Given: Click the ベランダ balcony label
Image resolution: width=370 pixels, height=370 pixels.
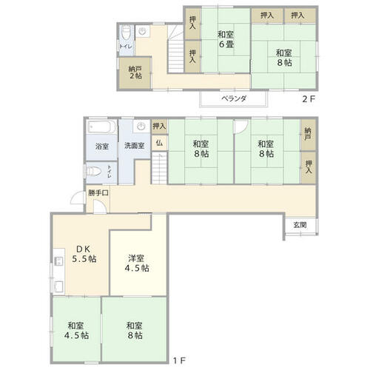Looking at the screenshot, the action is (x=234, y=99).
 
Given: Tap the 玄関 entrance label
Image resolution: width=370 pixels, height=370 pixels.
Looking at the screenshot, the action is (x=300, y=225).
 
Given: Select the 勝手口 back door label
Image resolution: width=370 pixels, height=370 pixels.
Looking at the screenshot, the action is (x=98, y=193).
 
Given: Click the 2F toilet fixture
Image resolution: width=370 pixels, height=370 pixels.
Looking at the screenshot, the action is (x=127, y=33).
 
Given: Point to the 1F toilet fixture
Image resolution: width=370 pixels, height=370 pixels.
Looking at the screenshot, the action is (x=93, y=172).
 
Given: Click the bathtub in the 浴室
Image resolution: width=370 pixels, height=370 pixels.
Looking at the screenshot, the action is (x=102, y=127).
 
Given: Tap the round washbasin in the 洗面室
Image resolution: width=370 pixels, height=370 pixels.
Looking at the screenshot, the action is (x=141, y=127).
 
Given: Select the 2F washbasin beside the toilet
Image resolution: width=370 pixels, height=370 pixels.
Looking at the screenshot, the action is (x=143, y=31).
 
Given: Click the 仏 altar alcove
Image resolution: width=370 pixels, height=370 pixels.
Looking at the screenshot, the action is (x=159, y=143).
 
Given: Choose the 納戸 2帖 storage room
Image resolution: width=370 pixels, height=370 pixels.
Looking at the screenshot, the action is (x=135, y=73).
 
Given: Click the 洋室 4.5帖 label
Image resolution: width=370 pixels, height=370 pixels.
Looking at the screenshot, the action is (x=137, y=263).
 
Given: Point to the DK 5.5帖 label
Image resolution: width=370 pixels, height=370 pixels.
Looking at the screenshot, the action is (x=84, y=254).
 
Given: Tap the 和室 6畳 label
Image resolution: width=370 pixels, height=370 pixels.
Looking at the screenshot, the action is (x=226, y=39).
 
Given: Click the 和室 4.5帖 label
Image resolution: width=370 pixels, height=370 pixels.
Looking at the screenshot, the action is (x=76, y=331).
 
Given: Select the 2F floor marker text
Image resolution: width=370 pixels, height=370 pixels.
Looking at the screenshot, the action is (x=309, y=99).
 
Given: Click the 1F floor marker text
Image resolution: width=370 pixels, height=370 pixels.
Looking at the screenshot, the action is (x=179, y=361).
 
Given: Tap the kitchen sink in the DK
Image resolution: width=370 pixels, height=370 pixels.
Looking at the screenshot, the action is (x=58, y=287).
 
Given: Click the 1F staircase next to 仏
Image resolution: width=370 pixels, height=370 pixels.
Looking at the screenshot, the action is (x=159, y=168).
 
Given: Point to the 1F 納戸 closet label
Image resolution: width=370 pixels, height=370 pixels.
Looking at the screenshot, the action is (x=308, y=134).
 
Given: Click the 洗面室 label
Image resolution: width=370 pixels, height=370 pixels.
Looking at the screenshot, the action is (x=134, y=146).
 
